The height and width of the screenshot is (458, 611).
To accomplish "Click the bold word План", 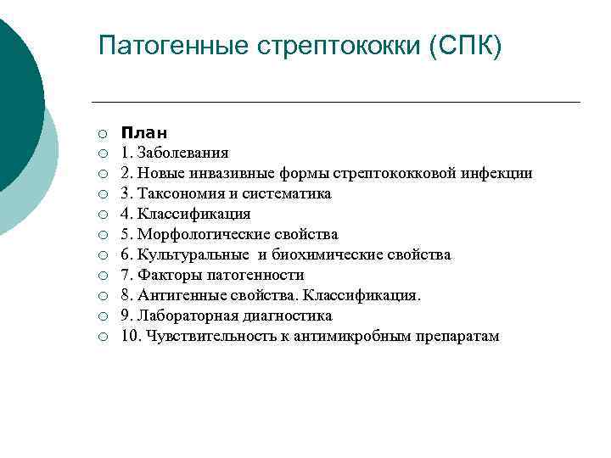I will click(143, 133).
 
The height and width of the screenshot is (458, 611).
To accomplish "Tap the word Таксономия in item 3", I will click(178, 194).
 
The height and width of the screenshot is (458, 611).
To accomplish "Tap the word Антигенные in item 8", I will click(179, 296).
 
